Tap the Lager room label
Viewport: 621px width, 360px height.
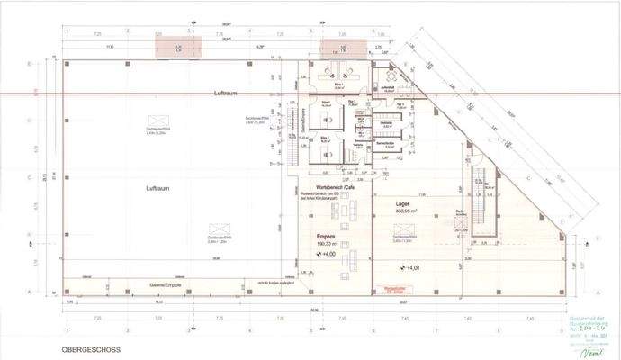[x=403, y=205]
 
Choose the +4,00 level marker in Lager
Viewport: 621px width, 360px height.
[x=409, y=268]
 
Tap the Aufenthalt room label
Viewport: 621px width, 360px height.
[x=389, y=87]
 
